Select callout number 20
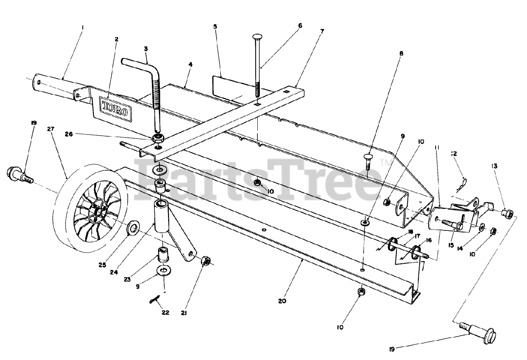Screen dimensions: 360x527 [282, 301]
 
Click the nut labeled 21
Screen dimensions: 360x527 [206, 260]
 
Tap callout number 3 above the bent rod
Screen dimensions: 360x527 [146, 49]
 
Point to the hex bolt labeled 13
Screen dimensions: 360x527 [507, 214]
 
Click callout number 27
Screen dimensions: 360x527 [51, 129]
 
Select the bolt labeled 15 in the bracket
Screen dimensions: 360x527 [452, 224]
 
